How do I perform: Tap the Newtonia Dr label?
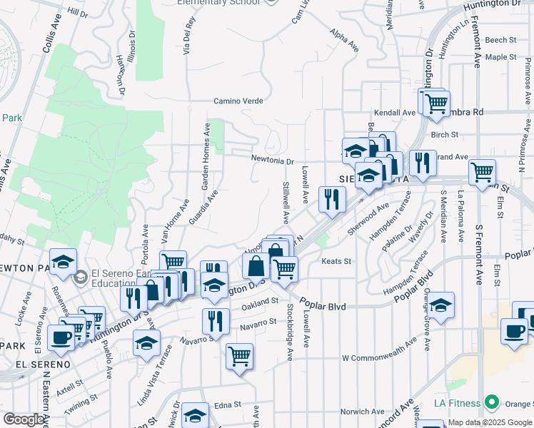pyautogui.click(x=272, y=160)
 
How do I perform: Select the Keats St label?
pyautogui.click(x=338, y=262)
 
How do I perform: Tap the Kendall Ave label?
pyautogui.click(x=395, y=113)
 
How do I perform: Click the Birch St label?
pyautogui.click(x=444, y=133)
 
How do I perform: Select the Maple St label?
pyautogui.click(x=500, y=57)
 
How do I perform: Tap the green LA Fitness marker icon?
pyautogui.click(x=491, y=403)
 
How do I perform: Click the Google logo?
pyautogui.click(x=24, y=419)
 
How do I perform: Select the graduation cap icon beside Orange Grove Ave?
pyautogui.click(x=440, y=305)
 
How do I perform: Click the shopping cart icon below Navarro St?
pyautogui.click(x=239, y=356)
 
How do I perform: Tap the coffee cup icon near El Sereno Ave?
pyautogui.click(x=61, y=337)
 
